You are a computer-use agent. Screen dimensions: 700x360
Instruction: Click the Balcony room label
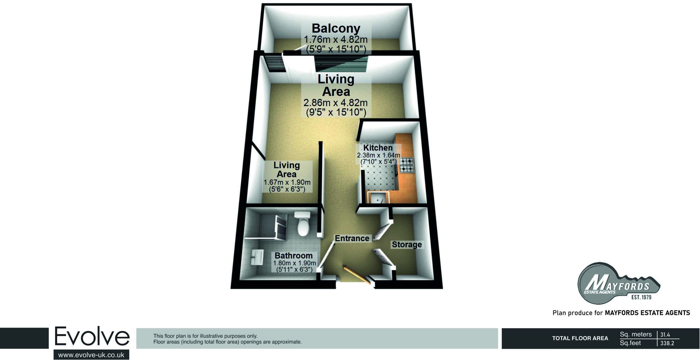coord(336,28)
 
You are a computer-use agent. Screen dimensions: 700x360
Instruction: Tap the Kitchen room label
coord(378,148)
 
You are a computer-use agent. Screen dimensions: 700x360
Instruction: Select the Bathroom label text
coord(294,255)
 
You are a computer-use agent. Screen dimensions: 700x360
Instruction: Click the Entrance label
coord(352,238)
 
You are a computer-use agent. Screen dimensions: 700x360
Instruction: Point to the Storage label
coord(407,245)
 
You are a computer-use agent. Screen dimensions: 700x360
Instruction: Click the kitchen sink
coord(378,198)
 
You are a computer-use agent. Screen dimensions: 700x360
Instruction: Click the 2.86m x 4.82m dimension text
coord(335,103)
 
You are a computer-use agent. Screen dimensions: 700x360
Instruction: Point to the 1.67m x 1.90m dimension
coord(287,182)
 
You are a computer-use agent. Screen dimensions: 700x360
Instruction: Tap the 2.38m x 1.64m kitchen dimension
coord(378,155)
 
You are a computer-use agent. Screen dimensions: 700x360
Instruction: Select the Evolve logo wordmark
coord(92,336)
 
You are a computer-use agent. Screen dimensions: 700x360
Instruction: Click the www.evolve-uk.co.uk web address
coord(91,355)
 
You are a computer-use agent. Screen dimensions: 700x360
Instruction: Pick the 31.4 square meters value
coord(665,335)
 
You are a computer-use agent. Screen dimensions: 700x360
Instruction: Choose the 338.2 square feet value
coord(667,343)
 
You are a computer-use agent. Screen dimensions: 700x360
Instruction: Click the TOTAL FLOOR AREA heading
coord(580,338)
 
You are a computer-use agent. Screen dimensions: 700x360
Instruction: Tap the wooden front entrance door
coord(357,275)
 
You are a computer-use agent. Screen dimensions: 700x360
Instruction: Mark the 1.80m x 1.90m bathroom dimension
coord(294,263)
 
